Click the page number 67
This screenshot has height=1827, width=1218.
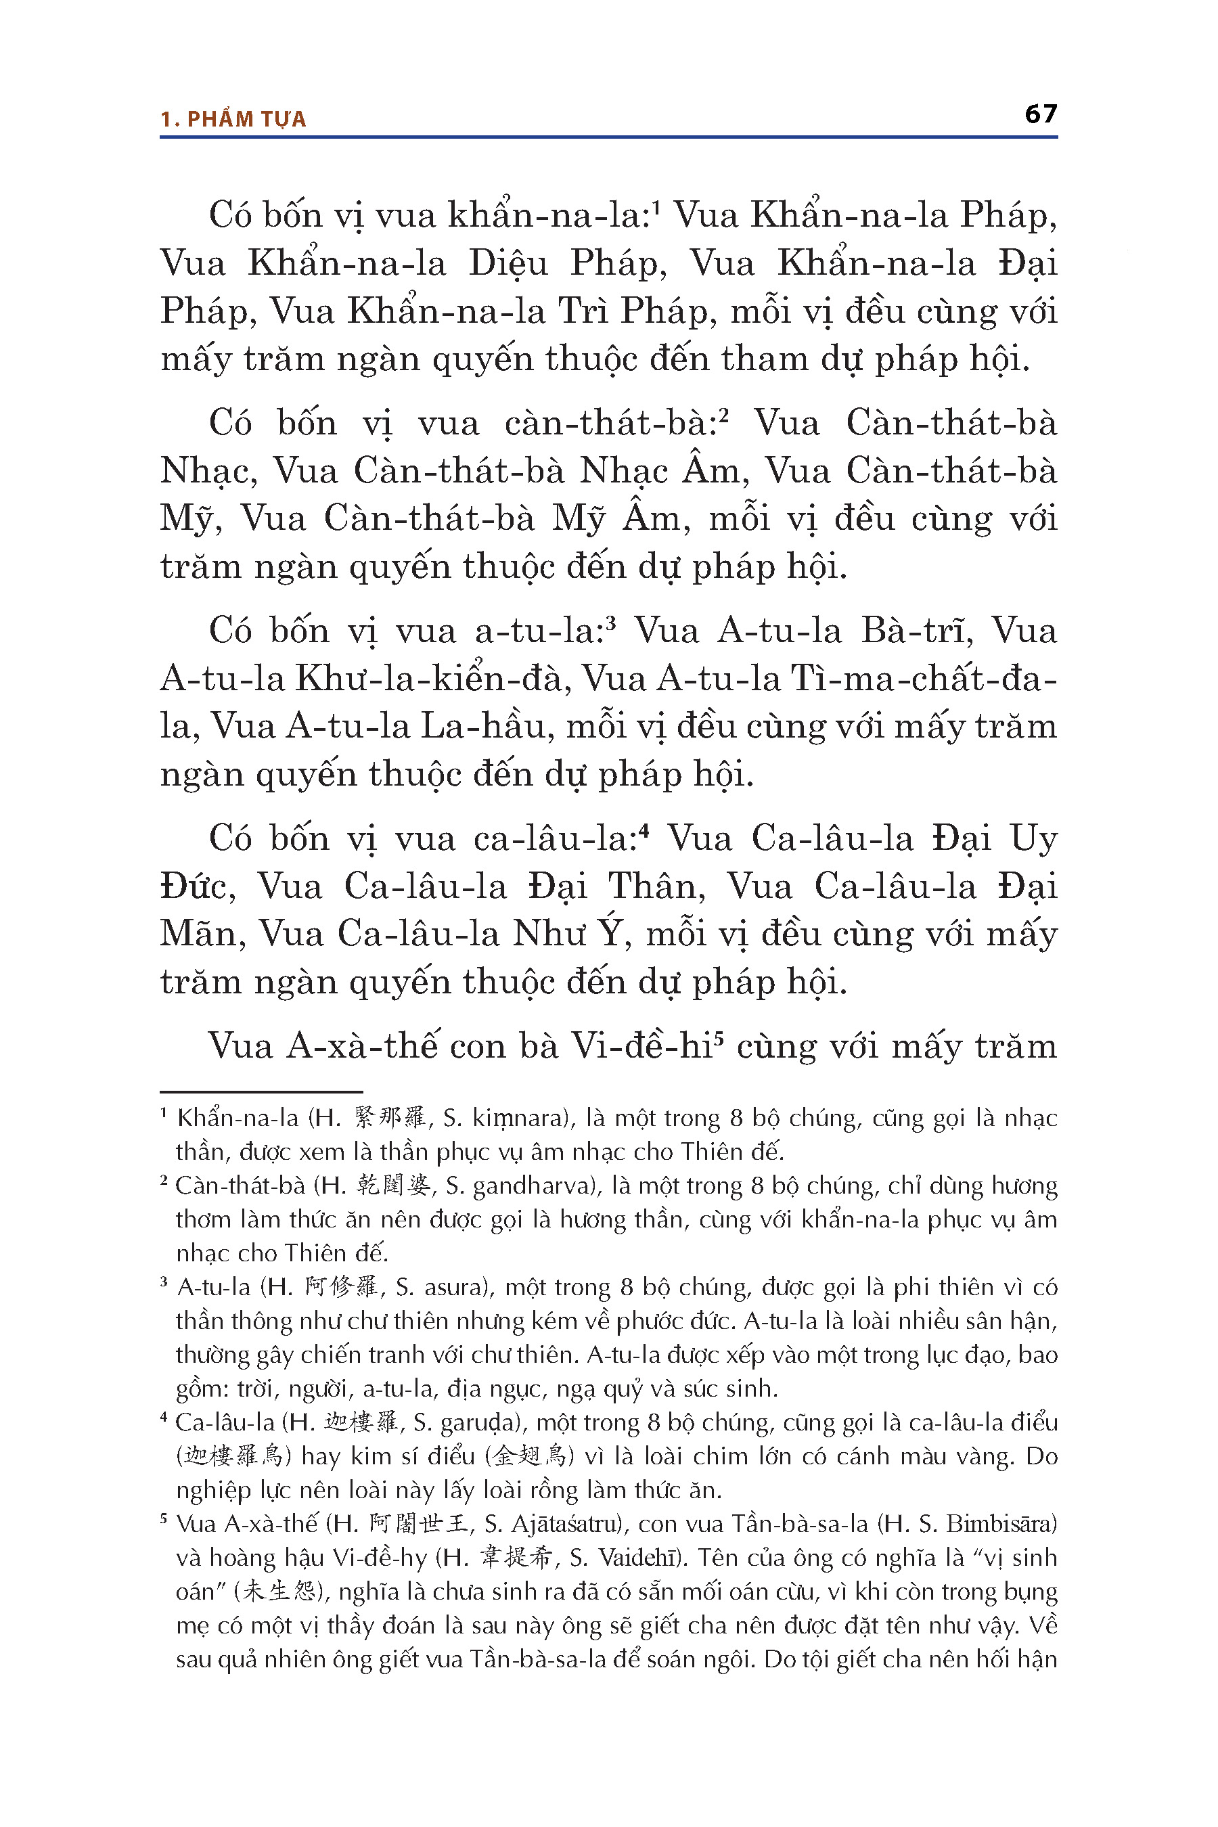[1040, 114]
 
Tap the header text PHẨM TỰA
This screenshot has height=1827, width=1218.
[246, 120]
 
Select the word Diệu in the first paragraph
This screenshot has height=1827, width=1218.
[508, 264]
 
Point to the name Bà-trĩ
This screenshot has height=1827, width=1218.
[917, 631]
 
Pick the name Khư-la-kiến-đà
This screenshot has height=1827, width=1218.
[432, 679]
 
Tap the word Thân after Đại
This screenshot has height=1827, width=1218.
[656, 886]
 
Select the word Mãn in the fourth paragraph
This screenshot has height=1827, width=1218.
[203, 934]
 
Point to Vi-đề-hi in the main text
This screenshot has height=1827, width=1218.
[641, 1046]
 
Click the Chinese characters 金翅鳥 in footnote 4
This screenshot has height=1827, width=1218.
[529, 1456]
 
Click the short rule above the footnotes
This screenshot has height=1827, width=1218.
[261, 1091]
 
